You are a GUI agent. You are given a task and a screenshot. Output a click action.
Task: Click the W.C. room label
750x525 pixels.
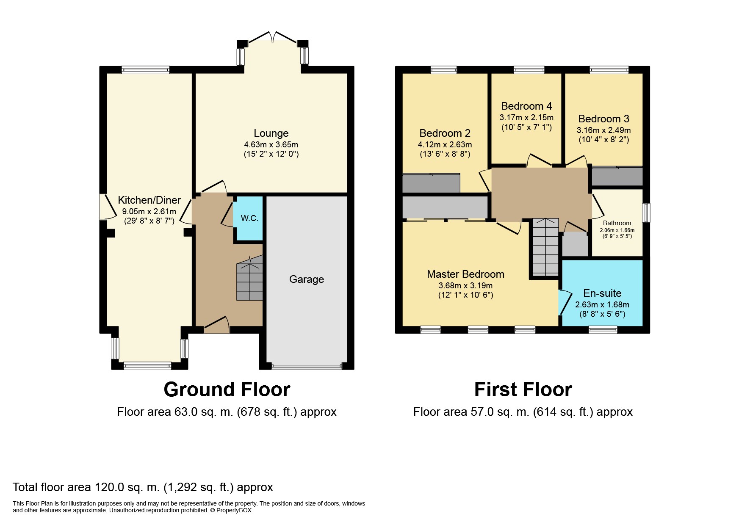coord(249,218)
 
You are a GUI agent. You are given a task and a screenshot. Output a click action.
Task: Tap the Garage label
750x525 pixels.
coord(307,279)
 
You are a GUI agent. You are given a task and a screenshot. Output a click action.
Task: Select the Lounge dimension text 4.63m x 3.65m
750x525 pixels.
coord(271,144)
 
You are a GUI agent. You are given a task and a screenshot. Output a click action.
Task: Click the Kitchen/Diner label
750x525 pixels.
coord(149,200)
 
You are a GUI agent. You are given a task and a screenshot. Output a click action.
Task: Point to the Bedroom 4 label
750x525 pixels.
coord(526,106)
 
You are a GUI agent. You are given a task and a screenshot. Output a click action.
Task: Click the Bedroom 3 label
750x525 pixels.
coord(604,119)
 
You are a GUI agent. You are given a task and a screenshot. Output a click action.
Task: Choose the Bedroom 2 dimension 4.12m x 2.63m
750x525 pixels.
coord(445,144)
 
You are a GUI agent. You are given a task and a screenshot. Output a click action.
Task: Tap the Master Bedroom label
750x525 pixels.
coord(465,274)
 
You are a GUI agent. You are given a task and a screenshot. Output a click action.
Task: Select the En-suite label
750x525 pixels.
coord(602,293)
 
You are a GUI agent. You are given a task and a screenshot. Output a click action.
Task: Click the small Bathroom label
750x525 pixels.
coord(617,223)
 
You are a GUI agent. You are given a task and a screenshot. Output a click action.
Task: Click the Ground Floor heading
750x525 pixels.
coord(227,390)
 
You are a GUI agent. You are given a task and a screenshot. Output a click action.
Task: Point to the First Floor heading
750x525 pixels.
coord(523,390)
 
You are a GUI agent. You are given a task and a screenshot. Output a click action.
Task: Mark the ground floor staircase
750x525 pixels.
coord(250,280)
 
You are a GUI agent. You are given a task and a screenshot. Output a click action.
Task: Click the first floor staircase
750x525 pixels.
coord(545,246)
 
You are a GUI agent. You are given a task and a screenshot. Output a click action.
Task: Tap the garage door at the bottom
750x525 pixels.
coord(307,367)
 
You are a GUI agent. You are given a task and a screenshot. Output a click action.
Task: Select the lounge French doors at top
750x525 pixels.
coord(273,37)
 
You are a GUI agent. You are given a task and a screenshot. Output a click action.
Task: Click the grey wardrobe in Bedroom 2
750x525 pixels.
coord(431,183)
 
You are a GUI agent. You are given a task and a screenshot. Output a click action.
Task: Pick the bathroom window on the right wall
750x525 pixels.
coord(646,213)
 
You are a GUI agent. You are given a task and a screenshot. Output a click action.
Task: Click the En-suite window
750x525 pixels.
coord(603,329)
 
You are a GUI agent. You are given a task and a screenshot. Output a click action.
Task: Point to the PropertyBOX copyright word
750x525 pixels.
coord(234,510)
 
